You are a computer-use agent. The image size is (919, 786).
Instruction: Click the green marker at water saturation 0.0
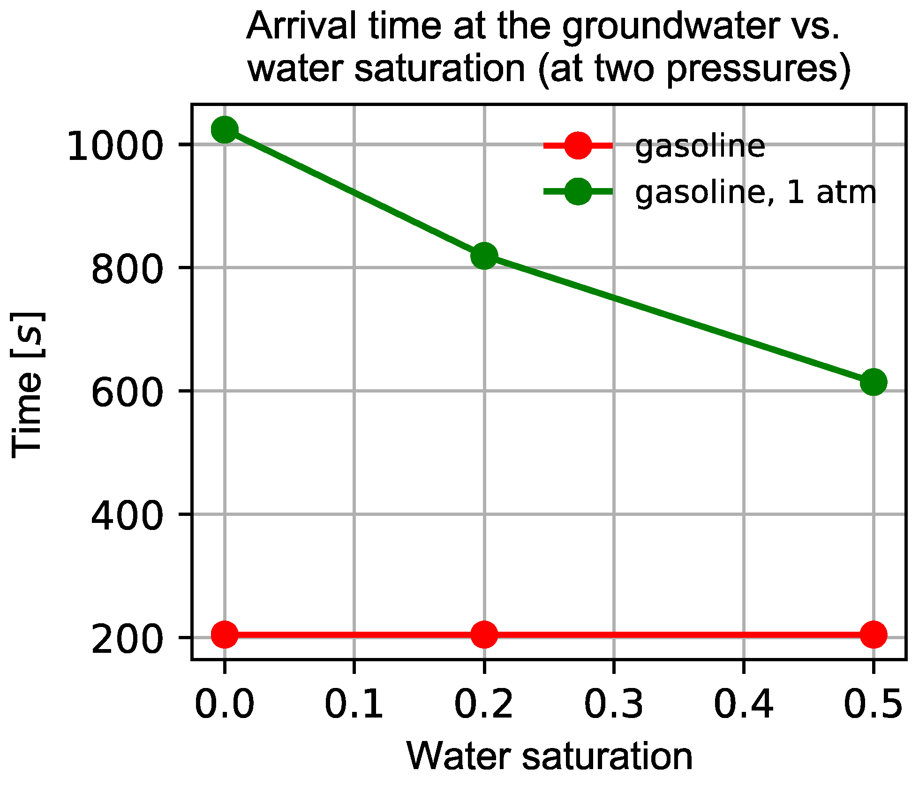[x=225, y=129]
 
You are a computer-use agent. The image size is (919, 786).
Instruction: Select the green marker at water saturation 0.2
[x=484, y=256]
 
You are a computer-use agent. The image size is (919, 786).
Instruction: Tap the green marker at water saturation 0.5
[x=874, y=382]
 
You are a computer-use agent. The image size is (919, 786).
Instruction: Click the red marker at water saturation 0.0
[x=225, y=635]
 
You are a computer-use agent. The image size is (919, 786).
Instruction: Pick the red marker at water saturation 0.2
[x=484, y=635]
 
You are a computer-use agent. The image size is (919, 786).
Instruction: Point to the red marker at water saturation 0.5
[x=874, y=635]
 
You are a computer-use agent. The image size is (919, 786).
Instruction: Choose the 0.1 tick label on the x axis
[x=354, y=703]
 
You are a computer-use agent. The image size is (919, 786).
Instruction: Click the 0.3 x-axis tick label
[x=614, y=703]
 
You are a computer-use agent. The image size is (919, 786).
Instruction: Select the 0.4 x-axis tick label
[x=744, y=703]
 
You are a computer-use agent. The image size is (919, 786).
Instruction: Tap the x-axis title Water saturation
[x=550, y=756]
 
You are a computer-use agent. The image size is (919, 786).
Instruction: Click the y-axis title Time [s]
[x=27, y=385]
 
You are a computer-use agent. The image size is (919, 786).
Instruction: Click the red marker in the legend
[x=578, y=146]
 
